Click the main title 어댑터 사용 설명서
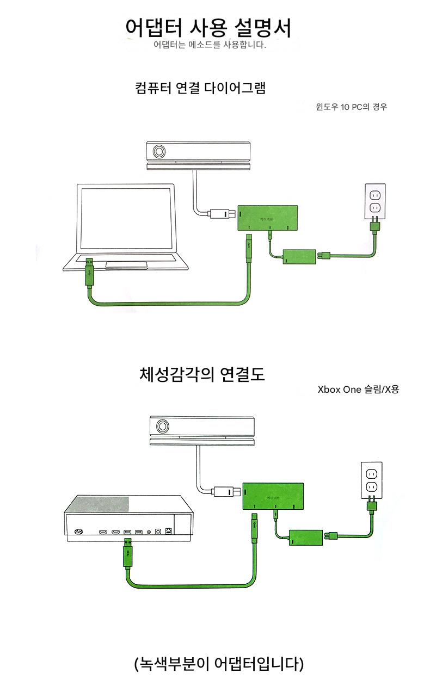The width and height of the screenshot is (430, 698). coord(208,27)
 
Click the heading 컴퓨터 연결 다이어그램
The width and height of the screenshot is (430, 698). coord(200,88)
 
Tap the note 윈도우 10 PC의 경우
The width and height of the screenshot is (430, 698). coord(351,107)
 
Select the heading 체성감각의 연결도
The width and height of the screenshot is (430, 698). coord(202,374)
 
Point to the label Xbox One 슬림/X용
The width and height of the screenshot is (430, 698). coord(358,390)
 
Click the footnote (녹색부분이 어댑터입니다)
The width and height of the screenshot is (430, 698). coord(218,664)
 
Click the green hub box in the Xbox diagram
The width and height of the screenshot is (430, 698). coord(273,496)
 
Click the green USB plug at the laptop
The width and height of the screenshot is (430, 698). coord(91,273)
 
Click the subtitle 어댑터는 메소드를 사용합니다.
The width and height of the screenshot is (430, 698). coord(210,45)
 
